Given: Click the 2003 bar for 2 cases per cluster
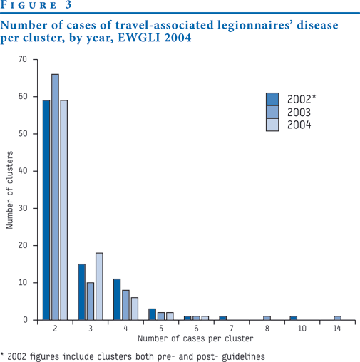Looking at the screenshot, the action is tap(55, 197).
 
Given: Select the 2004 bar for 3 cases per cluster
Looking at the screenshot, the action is tap(99, 286).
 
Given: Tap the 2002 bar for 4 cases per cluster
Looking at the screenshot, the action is tap(117, 299).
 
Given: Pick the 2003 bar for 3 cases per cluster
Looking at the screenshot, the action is tap(91, 301).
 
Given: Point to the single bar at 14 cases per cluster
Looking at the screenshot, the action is tap(337, 318).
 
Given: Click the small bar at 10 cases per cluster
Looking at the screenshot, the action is tap(294, 318).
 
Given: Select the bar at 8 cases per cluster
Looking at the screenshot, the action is tap(267, 318).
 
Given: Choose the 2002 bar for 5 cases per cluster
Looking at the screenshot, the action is tap(152, 314).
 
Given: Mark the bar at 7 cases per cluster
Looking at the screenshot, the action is tap(223, 318).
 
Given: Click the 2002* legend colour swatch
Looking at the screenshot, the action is tap(272, 99).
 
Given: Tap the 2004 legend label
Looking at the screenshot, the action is tap(299, 125).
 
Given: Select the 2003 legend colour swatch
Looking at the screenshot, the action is tap(272, 112).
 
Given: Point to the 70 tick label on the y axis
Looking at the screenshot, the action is tap(23, 59).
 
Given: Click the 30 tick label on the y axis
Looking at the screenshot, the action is tap(23, 208).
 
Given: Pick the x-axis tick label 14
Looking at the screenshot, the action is tap(337, 329).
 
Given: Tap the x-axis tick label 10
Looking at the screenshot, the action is tap(302, 329).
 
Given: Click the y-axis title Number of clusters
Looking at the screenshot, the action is tap(9, 190).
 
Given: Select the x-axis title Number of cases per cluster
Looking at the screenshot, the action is tap(195, 338).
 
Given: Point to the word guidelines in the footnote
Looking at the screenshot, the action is tap(243, 357).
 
